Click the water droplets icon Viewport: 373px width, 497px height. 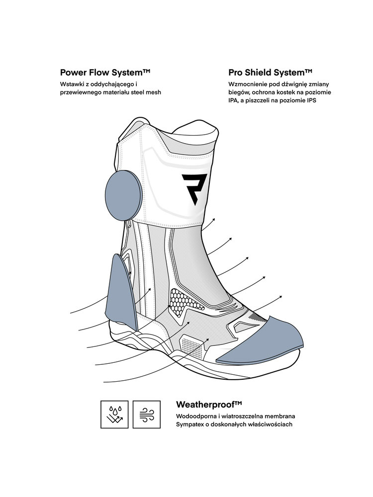point(114,414)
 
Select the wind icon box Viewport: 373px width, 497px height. point(146,414)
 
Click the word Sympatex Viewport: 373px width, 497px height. point(190,424)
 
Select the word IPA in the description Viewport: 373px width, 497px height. point(234,100)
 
